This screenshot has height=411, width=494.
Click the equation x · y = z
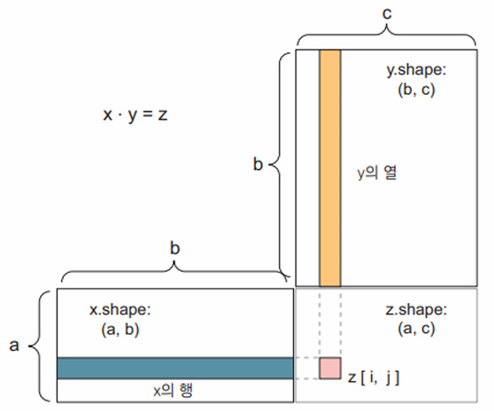[x=135, y=115]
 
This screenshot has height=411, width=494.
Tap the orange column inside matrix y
[x=330, y=168]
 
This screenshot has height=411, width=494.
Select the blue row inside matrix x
[x=175, y=368]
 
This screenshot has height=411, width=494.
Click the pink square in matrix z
[x=330, y=368]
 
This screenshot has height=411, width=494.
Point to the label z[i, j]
[x=374, y=377]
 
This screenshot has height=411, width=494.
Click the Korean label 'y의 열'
[x=377, y=173]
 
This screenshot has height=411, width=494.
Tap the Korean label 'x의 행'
[x=173, y=391]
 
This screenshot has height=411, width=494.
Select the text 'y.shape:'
[x=416, y=70]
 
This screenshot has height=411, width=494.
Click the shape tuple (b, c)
[x=416, y=89]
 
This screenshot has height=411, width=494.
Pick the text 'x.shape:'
[x=120, y=309]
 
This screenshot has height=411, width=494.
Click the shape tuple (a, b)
[x=120, y=330]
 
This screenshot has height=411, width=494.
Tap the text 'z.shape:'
[x=416, y=309]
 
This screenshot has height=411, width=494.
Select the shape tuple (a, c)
[x=416, y=329]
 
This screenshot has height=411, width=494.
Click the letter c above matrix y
[x=387, y=13]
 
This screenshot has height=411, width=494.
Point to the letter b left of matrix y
[x=258, y=164]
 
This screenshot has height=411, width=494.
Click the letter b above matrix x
[x=175, y=248]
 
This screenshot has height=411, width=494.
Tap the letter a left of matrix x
[x=14, y=345]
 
